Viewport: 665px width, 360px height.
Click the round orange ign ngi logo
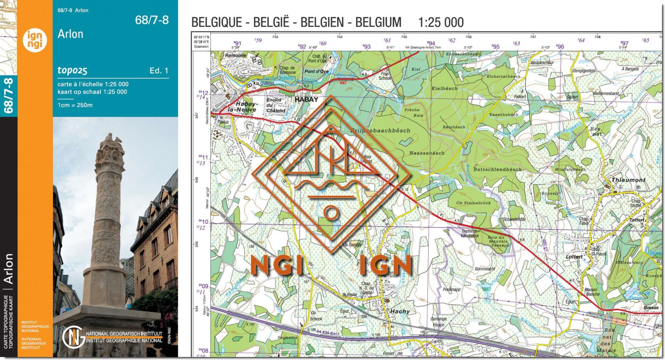[x=35, y=41]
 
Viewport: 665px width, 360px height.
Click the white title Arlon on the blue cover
[x=70, y=34]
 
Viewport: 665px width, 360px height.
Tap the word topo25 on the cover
[x=72, y=71]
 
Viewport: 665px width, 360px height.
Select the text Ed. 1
[x=159, y=71]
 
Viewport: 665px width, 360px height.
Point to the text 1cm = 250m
[x=75, y=105]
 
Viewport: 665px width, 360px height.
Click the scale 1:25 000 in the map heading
[x=441, y=22]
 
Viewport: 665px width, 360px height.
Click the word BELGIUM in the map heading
[x=378, y=22]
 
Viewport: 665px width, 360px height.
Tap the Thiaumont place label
[x=628, y=180]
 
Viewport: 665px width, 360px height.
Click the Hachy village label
[x=400, y=312]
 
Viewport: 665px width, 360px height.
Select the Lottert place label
[x=574, y=257]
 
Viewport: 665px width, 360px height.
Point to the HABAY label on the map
[x=306, y=100]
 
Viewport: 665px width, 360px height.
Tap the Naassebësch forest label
[x=427, y=153]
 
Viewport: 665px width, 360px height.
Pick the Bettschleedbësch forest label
[x=497, y=170]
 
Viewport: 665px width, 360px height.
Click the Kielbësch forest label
[x=444, y=88]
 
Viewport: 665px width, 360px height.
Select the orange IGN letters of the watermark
[x=385, y=265]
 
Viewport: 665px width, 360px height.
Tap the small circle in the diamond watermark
[x=331, y=212]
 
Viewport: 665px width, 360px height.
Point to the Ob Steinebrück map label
[x=473, y=203]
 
